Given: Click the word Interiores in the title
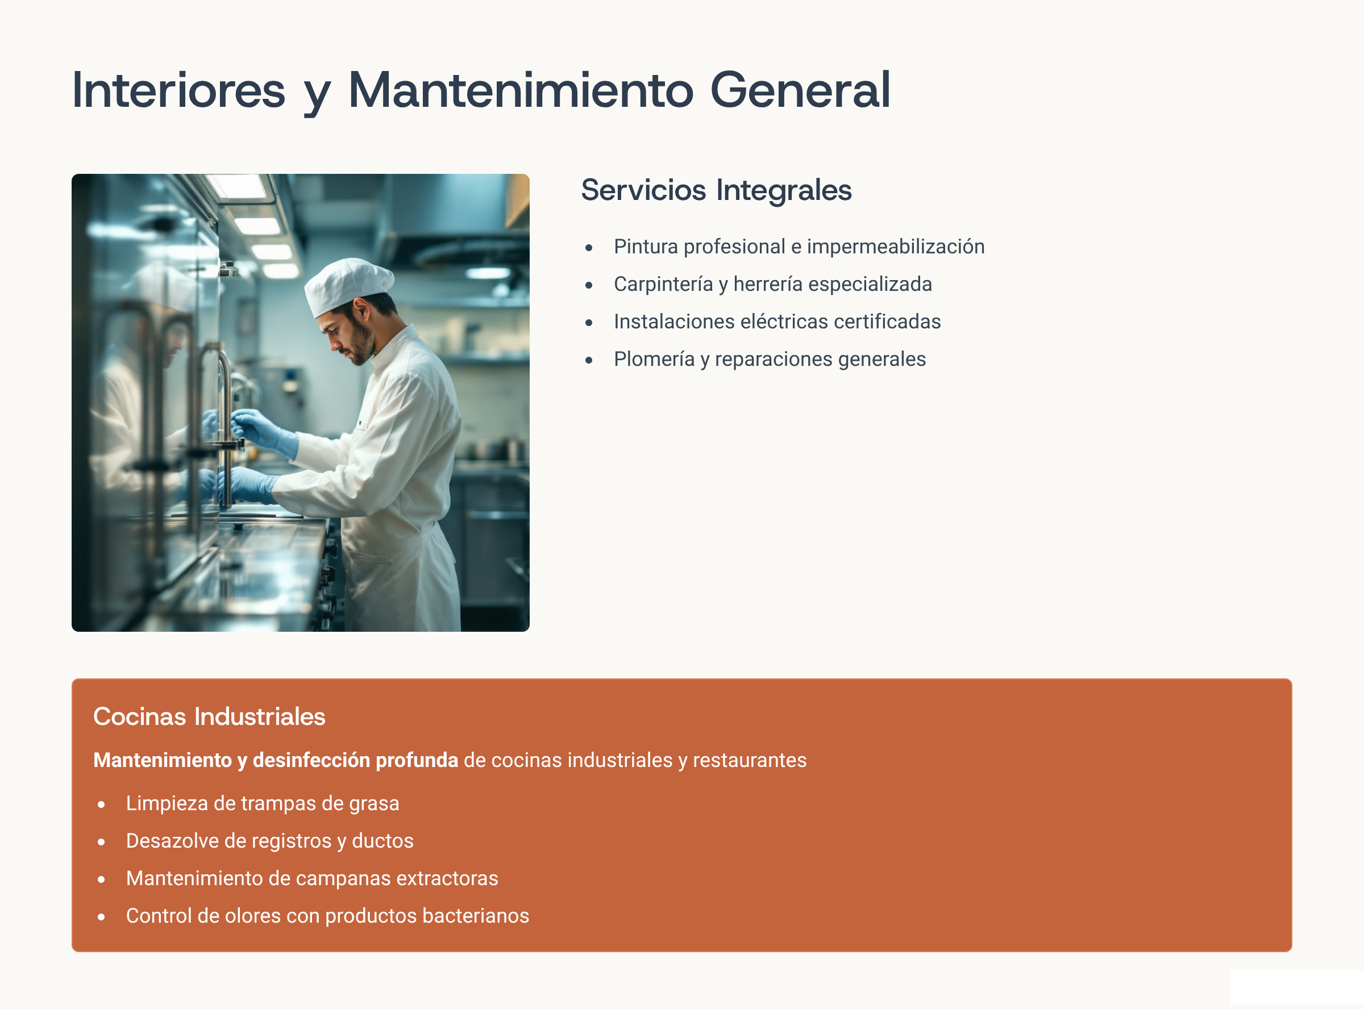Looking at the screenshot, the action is pos(178,90).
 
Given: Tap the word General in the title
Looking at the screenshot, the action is pos(800,90).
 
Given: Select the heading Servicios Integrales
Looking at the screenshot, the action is pos(716,190).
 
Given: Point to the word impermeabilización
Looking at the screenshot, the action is pos(896,247).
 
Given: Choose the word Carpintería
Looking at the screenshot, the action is pos(663,284).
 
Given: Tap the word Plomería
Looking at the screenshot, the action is pos(654,359).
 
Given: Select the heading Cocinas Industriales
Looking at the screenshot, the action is pos(209,716).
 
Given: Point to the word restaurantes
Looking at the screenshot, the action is pos(750,760).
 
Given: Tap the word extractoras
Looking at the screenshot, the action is pos(447,878).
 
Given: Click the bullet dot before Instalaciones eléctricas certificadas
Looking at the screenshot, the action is pos(589,323).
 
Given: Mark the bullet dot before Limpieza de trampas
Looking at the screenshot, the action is pos(101,805).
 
